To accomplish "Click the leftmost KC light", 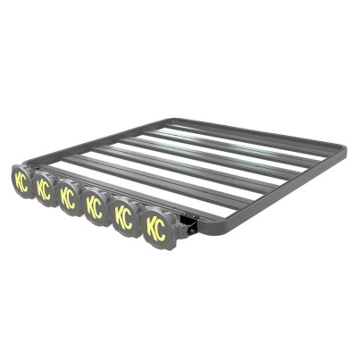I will point(21,181).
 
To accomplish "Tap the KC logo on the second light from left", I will point(44,189).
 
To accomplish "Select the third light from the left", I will point(69,197).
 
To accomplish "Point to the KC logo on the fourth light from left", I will point(95,207).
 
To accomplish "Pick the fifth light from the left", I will point(124,217).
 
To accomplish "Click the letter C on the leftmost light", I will point(25,183).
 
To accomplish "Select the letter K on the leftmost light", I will point(18,180).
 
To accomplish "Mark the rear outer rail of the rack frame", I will point(259,126).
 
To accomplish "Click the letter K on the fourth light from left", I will point(89,205).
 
